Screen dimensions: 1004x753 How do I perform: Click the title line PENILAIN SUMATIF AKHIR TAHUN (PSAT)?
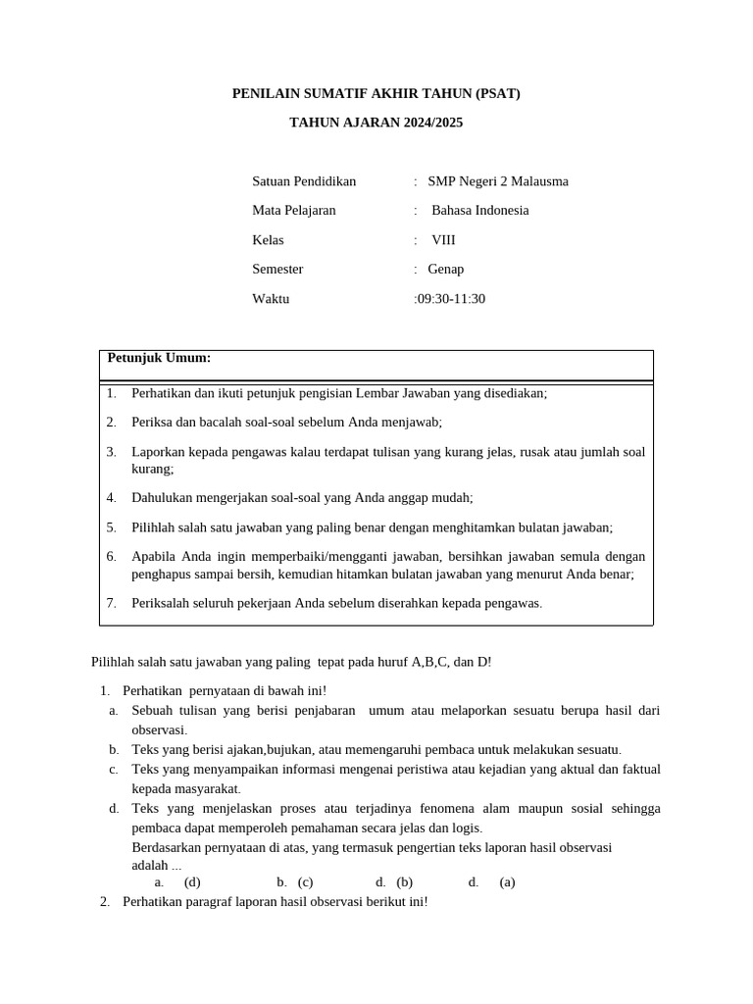click(376, 94)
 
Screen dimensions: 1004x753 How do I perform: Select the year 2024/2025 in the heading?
click(431, 123)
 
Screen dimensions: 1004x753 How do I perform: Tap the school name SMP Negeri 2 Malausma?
click(490, 181)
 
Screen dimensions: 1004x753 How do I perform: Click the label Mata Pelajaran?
click(294, 211)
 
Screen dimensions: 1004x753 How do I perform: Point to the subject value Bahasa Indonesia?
click(479, 211)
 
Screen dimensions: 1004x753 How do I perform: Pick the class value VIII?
click(443, 240)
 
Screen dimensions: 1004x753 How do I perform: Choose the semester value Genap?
click(446, 270)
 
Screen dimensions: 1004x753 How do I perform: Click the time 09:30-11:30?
click(451, 299)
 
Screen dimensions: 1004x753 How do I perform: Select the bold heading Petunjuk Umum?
click(159, 359)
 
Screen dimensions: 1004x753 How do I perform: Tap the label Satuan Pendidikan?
click(304, 181)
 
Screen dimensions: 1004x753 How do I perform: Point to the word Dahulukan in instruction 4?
click(162, 498)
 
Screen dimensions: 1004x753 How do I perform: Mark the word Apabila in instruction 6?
click(154, 557)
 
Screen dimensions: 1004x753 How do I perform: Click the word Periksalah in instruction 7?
click(161, 603)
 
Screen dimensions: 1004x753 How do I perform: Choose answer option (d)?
click(192, 882)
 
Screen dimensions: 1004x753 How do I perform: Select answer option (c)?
click(305, 882)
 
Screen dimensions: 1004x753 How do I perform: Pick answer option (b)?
click(404, 882)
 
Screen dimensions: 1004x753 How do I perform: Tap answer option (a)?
click(507, 882)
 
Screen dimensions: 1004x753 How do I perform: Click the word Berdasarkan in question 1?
click(167, 848)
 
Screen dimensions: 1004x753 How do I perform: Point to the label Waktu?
click(271, 299)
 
